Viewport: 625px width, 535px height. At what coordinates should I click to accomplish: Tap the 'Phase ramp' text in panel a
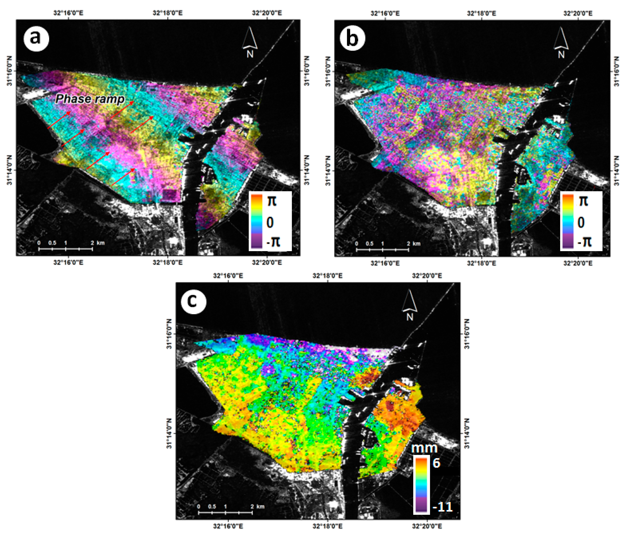tap(90, 99)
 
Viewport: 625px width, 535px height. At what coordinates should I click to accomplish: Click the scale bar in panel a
tap(65, 248)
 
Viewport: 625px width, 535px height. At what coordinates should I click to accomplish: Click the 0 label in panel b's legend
tap(581, 222)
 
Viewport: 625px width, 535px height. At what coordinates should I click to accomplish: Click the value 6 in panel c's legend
tap(436, 463)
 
